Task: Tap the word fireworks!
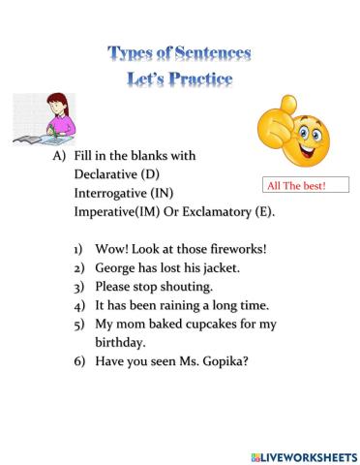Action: (232, 248)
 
